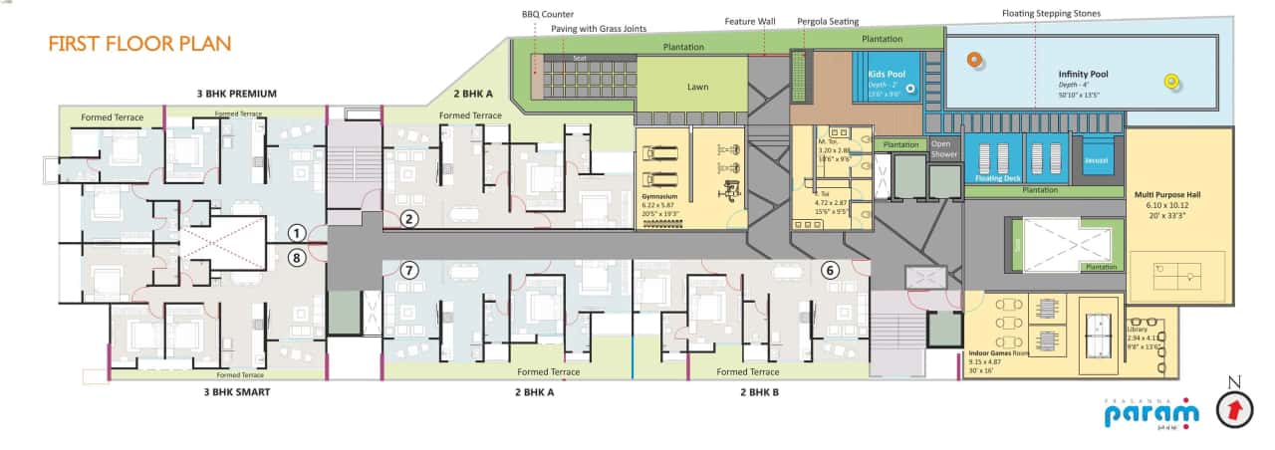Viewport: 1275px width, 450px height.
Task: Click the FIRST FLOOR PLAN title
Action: [x=139, y=44]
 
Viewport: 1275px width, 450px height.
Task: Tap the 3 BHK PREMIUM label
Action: [x=236, y=94]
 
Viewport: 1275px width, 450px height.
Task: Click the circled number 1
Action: [x=296, y=233]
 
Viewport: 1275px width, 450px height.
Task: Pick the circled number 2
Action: [x=408, y=220]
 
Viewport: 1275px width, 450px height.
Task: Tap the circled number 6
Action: [x=830, y=269]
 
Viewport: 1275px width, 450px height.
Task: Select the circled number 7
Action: [x=408, y=270]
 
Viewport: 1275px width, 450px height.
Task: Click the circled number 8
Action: [x=296, y=257]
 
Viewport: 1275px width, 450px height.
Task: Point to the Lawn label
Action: [x=698, y=88]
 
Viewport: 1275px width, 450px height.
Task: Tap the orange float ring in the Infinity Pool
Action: [x=972, y=60]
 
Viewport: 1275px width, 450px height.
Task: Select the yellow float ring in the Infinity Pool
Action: [x=1171, y=83]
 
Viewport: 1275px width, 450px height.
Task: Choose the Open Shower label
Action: [x=943, y=148]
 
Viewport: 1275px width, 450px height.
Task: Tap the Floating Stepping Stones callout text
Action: [x=1051, y=14]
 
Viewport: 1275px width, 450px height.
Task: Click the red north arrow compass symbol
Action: [x=1235, y=408]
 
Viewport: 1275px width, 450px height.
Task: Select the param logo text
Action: [x=1162, y=412]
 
